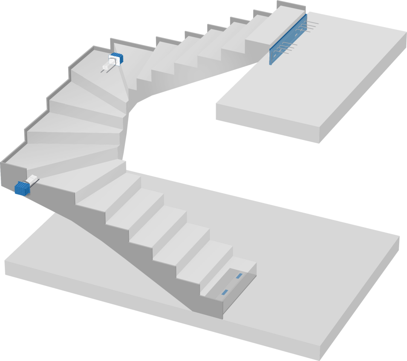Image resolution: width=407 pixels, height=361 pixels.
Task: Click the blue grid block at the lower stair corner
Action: click(x=22, y=188)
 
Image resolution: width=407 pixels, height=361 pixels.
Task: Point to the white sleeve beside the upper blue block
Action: click(x=107, y=67)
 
